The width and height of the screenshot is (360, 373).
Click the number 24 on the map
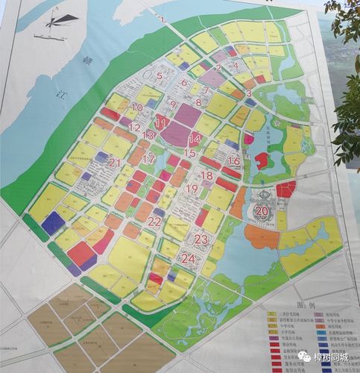click(x=188, y=260)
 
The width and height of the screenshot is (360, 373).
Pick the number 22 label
click(x=154, y=222)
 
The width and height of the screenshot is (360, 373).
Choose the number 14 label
click(x=195, y=139)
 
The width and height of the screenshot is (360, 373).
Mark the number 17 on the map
click(x=148, y=159)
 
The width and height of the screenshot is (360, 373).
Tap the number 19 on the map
click(x=192, y=189)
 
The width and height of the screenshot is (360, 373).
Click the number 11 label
click(x=161, y=124)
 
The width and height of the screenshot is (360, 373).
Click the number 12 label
click(x=134, y=128)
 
